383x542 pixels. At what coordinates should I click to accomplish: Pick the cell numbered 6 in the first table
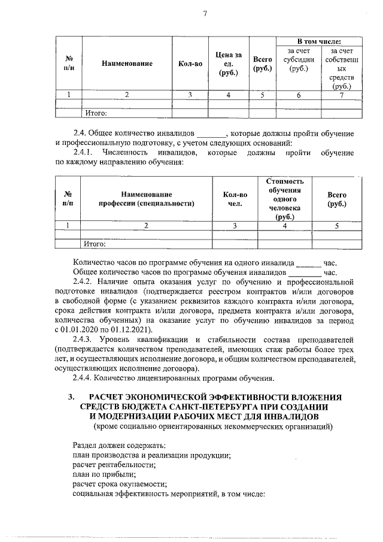[299, 95]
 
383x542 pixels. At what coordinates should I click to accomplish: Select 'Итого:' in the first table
[96, 112]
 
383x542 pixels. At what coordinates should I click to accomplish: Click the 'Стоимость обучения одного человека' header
[285, 199]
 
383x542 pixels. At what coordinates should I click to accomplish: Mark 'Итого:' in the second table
[95, 244]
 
